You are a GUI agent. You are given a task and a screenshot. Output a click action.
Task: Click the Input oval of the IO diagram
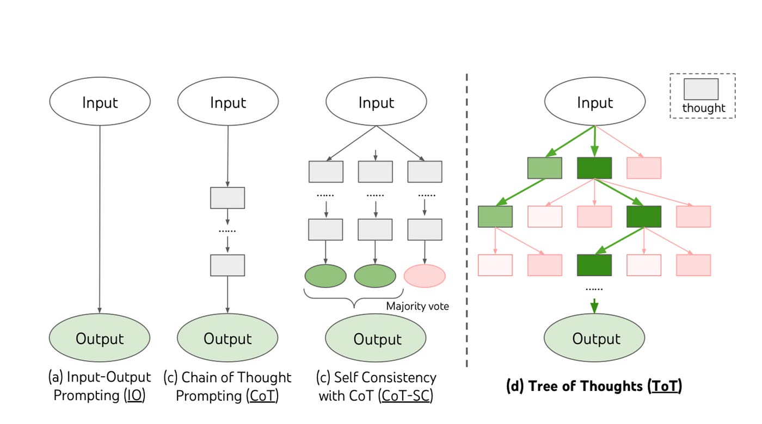[x=100, y=102]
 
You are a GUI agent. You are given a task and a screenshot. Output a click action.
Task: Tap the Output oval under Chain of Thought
[x=228, y=338]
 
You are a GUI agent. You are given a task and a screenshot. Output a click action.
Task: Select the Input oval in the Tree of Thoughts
[x=594, y=102]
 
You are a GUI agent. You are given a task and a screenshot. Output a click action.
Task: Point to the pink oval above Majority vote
[x=424, y=276]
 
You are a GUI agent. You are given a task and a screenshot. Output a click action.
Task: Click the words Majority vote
[x=417, y=306]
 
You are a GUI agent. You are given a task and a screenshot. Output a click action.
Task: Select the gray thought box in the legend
[x=701, y=89]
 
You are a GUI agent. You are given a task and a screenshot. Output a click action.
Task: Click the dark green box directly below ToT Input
[x=594, y=168]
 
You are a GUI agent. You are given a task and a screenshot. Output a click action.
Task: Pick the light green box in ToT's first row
[x=544, y=168]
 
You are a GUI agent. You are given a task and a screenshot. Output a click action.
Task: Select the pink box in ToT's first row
[x=644, y=168]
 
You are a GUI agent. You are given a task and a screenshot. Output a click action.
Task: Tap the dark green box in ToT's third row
[x=594, y=265]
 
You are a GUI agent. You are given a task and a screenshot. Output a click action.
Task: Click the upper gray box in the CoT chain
[x=228, y=198]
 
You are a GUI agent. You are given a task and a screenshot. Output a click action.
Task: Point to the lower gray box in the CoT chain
[x=228, y=265]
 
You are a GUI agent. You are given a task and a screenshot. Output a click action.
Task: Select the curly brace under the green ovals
[x=354, y=298]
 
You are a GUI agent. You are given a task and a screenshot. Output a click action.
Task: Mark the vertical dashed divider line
[x=467, y=217]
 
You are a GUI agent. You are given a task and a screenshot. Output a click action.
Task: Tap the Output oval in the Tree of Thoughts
[x=594, y=338]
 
